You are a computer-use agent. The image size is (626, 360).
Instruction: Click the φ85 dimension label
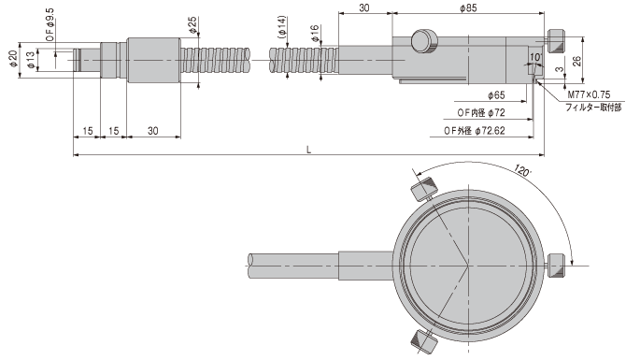(468, 8)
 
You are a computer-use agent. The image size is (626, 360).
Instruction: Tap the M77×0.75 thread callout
(589, 94)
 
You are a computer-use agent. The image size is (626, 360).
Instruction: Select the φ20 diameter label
(13, 59)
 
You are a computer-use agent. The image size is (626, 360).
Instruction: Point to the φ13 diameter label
(31, 60)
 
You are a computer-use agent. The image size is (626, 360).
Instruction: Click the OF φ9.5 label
(50, 24)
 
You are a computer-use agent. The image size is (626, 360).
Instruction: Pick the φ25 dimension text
(192, 25)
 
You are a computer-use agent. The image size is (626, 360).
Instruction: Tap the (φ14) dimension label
(282, 27)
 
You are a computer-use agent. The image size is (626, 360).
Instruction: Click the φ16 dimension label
(315, 34)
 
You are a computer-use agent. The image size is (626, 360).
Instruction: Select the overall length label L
(308, 150)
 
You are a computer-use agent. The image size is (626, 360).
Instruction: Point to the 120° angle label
(522, 170)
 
